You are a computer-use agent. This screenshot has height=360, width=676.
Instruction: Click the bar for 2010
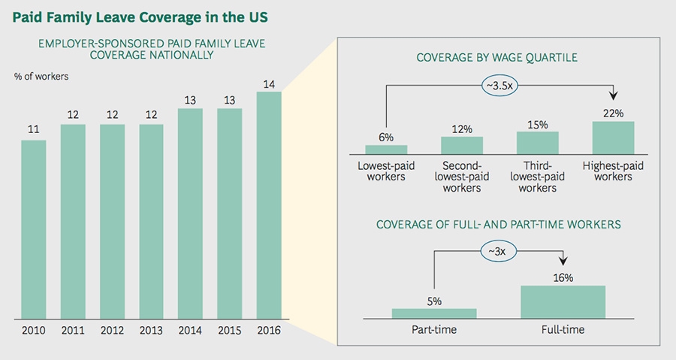pyautogui.click(x=33, y=229)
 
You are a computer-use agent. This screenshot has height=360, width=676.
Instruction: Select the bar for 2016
pyautogui.click(x=268, y=204)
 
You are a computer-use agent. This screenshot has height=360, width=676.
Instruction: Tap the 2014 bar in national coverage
pyautogui.click(x=190, y=213)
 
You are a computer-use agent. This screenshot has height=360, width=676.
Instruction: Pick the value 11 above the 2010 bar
pyautogui.click(x=33, y=129)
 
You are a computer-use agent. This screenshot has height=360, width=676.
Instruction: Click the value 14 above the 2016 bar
pyautogui.click(x=268, y=81)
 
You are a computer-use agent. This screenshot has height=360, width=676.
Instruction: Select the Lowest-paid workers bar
pyautogui.click(x=386, y=149)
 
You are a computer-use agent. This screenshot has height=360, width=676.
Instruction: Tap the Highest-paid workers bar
pyautogui.click(x=613, y=138)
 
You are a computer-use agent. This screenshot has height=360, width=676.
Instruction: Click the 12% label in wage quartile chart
pyautogui.click(x=462, y=129)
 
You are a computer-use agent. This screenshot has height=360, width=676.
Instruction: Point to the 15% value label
pyautogui.click(x=537, y=123)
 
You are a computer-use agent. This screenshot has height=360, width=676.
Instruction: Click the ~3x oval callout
pyautogui.click(x=499, y=252)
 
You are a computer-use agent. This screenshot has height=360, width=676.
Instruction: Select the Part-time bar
pyautogui.click(x=434, y=313)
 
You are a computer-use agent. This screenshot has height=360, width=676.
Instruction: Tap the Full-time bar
pyautogui.click(x=563, y=301)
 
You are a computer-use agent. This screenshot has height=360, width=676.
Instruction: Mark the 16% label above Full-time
pyautogui.click(x=563, y=277)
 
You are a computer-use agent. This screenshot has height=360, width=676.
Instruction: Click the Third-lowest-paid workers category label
pyautogui.click(x=537, y=176)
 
